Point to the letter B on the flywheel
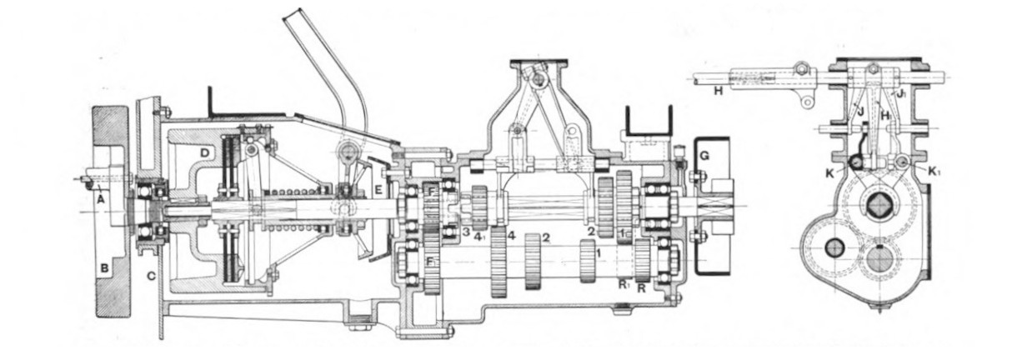[x=105, y=268]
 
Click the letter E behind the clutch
[x=378, y=189]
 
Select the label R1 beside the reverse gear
[x=624, y=284]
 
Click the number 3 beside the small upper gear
[x=467, y=230]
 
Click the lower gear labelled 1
[x=589, y=261]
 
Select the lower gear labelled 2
[x=534, y=262]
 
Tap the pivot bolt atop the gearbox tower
[x=539, y=78]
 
